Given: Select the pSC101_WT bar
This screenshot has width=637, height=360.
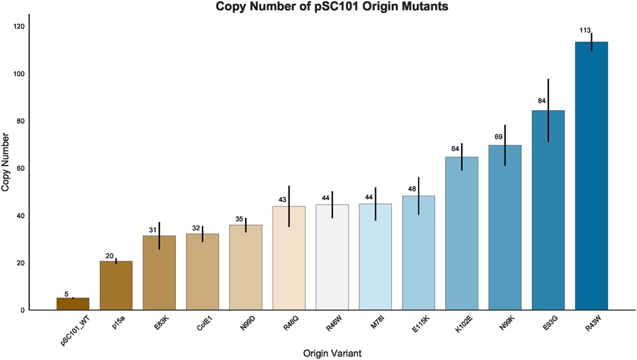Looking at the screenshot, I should (x=73, y=304).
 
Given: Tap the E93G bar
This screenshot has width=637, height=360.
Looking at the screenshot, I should (x=548, y=210).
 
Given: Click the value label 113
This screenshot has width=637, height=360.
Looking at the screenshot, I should (x=585, y=31).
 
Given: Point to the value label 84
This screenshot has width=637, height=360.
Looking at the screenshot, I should (x=542, y=101).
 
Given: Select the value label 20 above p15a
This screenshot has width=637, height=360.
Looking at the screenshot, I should (x=110, y=256).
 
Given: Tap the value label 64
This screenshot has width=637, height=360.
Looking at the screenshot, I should (x=456, y=149).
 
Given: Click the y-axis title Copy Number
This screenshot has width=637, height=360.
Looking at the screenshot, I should (x=6, y=162).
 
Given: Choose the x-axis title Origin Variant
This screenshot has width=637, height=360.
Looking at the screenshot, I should (x=333, y=352).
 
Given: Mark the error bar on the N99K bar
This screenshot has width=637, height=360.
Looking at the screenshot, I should (x=505, y=145).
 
